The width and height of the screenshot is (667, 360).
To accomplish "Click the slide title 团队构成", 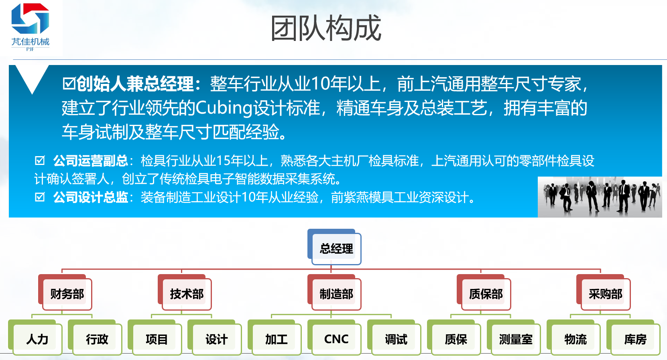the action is pyautogui.click(x=326, y=28).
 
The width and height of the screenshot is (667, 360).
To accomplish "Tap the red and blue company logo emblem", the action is pyautogui.click(x=30, y=18).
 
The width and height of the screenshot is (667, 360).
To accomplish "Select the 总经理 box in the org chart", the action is pyautogui.click(x=334, y=247).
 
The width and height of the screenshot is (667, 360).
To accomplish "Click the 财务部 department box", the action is pyautogui.click(x=65, y=292).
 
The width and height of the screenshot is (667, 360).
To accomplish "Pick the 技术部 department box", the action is pyautogui.click(x=185, y=292).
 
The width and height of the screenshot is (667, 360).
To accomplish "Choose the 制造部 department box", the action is pyautogui.click(x=334, y=292).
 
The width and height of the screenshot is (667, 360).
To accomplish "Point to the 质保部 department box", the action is pyautogui.click(x=484, y=292).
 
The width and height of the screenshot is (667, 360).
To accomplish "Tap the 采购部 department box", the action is pyautogui.click(x=604, y=292).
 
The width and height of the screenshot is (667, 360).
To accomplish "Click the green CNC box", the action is pyautogui.click(x=334, y=338).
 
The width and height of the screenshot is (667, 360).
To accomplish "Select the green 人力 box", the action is pyautogui.click(x=35, y=338).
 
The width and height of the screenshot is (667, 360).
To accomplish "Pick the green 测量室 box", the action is pyautogui.click(x=514, y=338).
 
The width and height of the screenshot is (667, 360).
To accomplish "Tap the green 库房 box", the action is pyautogui.click(x=633, y=338).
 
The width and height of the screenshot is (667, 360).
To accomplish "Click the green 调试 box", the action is pyautogui.click(x=394, y=338).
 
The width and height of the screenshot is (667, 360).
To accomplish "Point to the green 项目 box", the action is pyautogui.click(x=155, y=338).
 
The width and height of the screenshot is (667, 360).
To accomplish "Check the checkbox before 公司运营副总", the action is pyautogui.click(x=40, y=161).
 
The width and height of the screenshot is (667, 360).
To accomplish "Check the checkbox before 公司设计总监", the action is pyautogui.click(x=40, y=197).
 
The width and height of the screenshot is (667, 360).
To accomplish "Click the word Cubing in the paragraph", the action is pyautogui.click(x=224, y=108).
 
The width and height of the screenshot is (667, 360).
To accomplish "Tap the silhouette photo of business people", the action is pyautogui.click(x=600, y=197).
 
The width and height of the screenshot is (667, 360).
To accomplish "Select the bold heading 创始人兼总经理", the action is pyautogui.click(x=135, y=83).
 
